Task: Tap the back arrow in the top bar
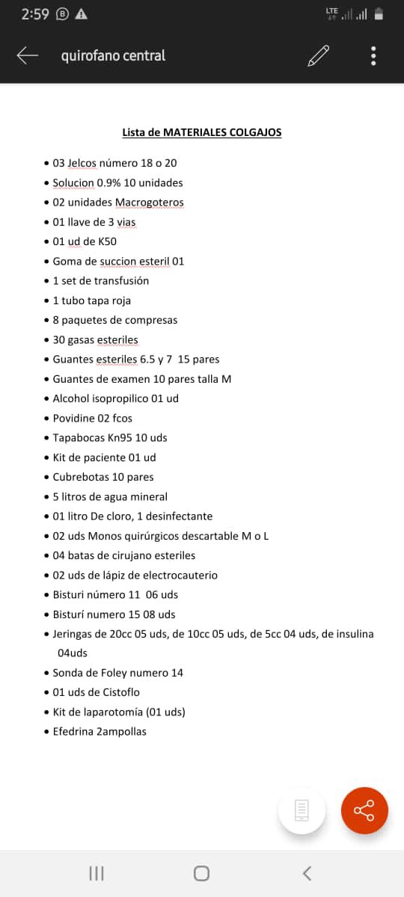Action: [28, 55]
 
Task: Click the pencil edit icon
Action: [318, 55]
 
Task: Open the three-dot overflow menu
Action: [373, 55]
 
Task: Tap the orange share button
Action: [364, 810]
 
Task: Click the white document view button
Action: [302, 810]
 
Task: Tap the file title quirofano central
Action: [113, 55]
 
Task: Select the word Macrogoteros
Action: [149, 203]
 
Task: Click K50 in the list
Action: [108, 241]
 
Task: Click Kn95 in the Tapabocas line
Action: [117, 437]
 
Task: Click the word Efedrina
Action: [73, 731]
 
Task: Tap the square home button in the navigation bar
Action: [201, 873]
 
